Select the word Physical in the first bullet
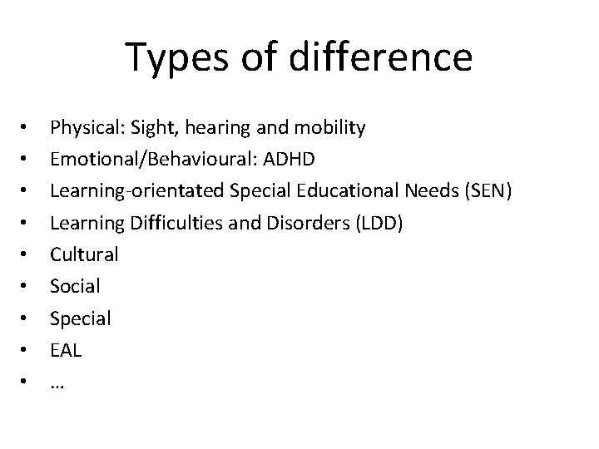pos(83,128)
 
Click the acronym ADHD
pos(269,160)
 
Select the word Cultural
pos(84,254)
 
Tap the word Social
pos(75,286)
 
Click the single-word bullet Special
pos(80,318)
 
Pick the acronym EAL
pos(66,349)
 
